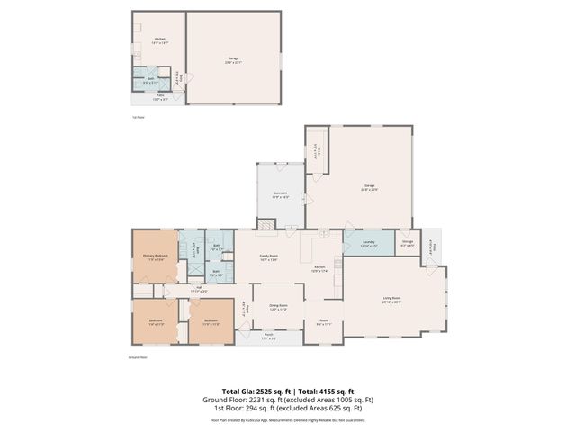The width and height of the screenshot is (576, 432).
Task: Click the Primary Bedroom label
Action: point(156,256)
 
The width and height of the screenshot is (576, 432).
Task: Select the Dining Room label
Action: point(278,306)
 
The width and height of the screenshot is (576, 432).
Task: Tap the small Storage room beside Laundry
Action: point(407,242)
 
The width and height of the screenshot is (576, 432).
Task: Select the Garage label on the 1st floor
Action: point(232,60)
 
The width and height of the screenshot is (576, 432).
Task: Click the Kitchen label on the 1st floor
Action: point(159,40)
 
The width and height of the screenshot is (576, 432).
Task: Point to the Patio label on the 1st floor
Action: point(158,98)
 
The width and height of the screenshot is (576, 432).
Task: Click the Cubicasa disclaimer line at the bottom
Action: point(287,418)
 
